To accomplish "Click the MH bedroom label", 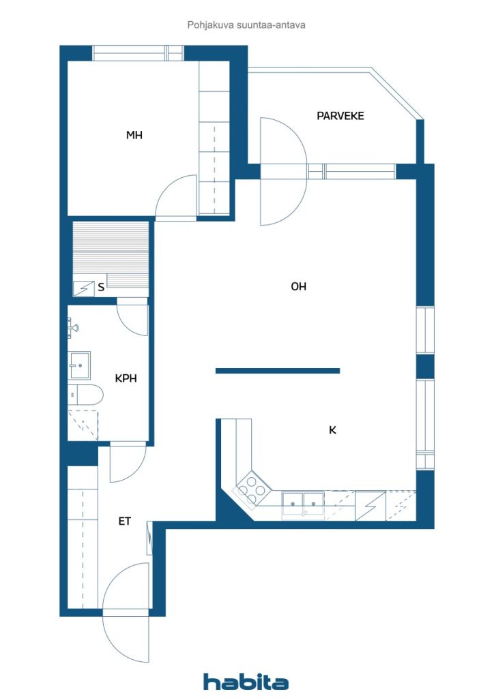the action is [134, 135].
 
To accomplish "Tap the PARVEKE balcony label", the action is [340, 116].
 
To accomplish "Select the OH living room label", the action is [298, 286].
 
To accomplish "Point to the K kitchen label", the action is [332, 430].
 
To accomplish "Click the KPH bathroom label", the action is [126, 378].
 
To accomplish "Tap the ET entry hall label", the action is [124, 521].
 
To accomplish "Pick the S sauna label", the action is [101, 287].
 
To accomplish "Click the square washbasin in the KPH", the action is [79, 365].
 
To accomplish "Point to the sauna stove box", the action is [84, 288].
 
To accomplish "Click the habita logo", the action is [246, 682].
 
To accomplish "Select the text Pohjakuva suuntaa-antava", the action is [246, 25].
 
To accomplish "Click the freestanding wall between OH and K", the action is [278, 371].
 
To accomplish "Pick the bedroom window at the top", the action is [138, 53].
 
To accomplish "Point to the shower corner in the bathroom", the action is [83, 425].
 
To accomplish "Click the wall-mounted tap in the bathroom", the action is [73, 329].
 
